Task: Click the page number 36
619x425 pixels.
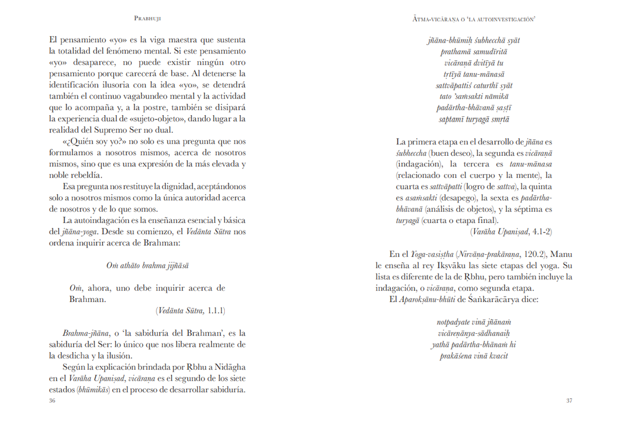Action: coord(52,400)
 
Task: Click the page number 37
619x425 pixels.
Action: coord(569,400)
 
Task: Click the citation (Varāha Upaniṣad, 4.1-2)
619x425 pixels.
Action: coord(511,232)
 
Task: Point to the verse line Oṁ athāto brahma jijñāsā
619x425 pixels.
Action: coord(147,265)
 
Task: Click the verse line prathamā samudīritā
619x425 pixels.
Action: coord(474,52)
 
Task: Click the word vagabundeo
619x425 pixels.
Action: coord(176,96)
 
